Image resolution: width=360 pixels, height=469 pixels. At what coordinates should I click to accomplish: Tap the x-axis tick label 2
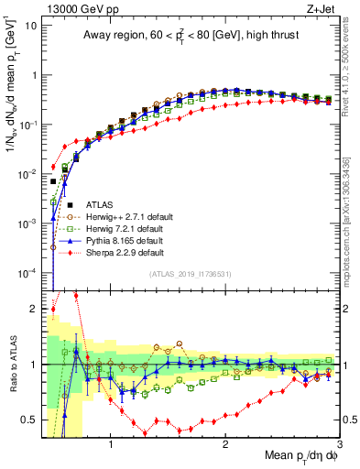point(225,445)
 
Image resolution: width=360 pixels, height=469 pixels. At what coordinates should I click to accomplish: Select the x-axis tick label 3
point(339,445)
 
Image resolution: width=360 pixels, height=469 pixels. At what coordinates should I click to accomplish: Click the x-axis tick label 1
point(111,445)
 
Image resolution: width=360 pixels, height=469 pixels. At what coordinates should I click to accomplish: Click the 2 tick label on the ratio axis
point(34,309)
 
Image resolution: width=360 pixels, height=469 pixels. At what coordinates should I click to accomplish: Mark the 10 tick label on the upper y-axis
point(31,25)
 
